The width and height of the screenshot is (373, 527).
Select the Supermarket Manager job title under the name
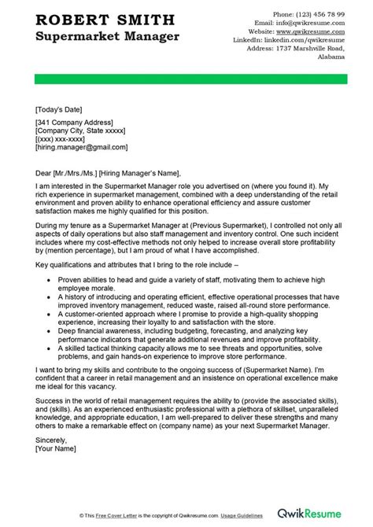tap(106, 37)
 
